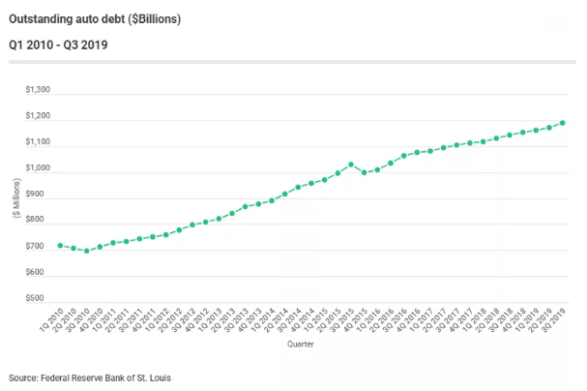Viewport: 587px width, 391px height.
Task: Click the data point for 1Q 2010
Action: (60, 246)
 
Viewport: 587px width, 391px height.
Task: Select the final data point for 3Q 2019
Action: (563, 123)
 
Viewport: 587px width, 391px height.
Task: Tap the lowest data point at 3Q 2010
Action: (87, 251)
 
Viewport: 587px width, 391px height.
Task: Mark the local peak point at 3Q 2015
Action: (351, 165)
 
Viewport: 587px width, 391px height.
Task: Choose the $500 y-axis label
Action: (40, 298)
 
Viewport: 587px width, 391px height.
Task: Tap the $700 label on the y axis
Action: (40, 247)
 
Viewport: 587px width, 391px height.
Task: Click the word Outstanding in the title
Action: (41, 18)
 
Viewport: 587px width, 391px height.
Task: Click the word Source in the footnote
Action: (22, 376)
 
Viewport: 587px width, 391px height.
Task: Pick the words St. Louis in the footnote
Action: (158, 376)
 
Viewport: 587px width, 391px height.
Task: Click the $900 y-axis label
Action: (40, 195)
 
